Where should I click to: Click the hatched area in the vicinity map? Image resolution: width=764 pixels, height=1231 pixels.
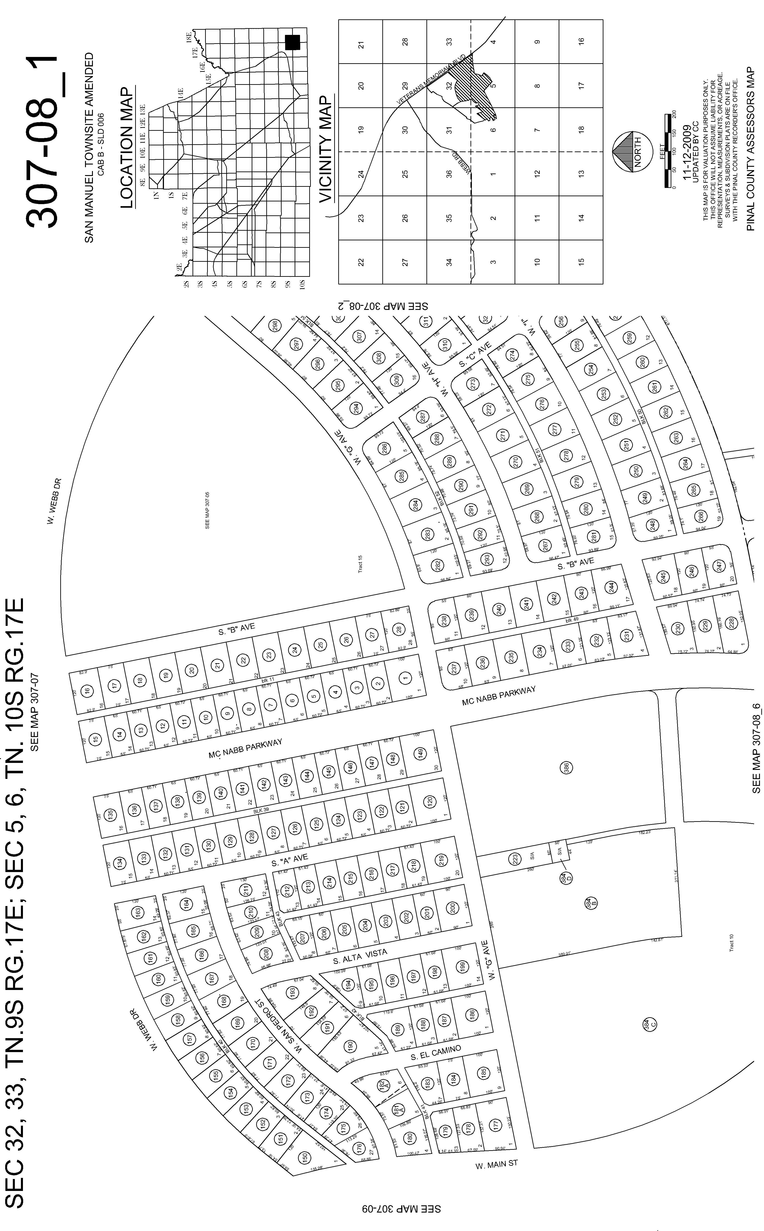475,86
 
